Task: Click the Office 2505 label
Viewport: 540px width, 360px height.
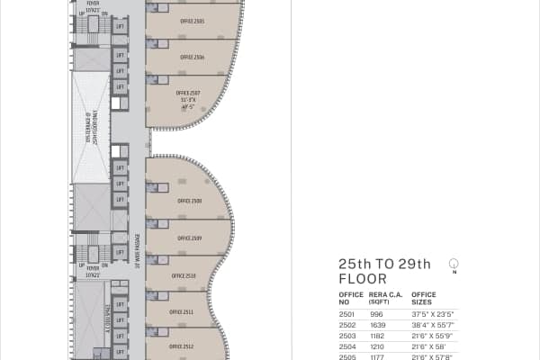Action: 192,21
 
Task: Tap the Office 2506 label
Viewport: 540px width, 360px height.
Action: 192,57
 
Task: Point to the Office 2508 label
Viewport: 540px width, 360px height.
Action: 189,200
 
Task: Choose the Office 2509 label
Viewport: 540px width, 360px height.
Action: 189,238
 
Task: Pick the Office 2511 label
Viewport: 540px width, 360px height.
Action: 182,311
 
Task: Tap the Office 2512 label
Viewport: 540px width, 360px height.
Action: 182,346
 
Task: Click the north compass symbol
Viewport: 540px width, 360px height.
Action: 454,264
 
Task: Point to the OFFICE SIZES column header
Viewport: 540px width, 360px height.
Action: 423,298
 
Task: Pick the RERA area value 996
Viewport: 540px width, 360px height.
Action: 376,314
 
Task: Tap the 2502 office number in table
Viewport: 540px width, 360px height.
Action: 346,324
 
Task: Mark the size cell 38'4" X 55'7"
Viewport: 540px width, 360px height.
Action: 432,324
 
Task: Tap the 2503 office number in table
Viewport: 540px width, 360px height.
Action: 346,335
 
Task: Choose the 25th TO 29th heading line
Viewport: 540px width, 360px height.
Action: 384,264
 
